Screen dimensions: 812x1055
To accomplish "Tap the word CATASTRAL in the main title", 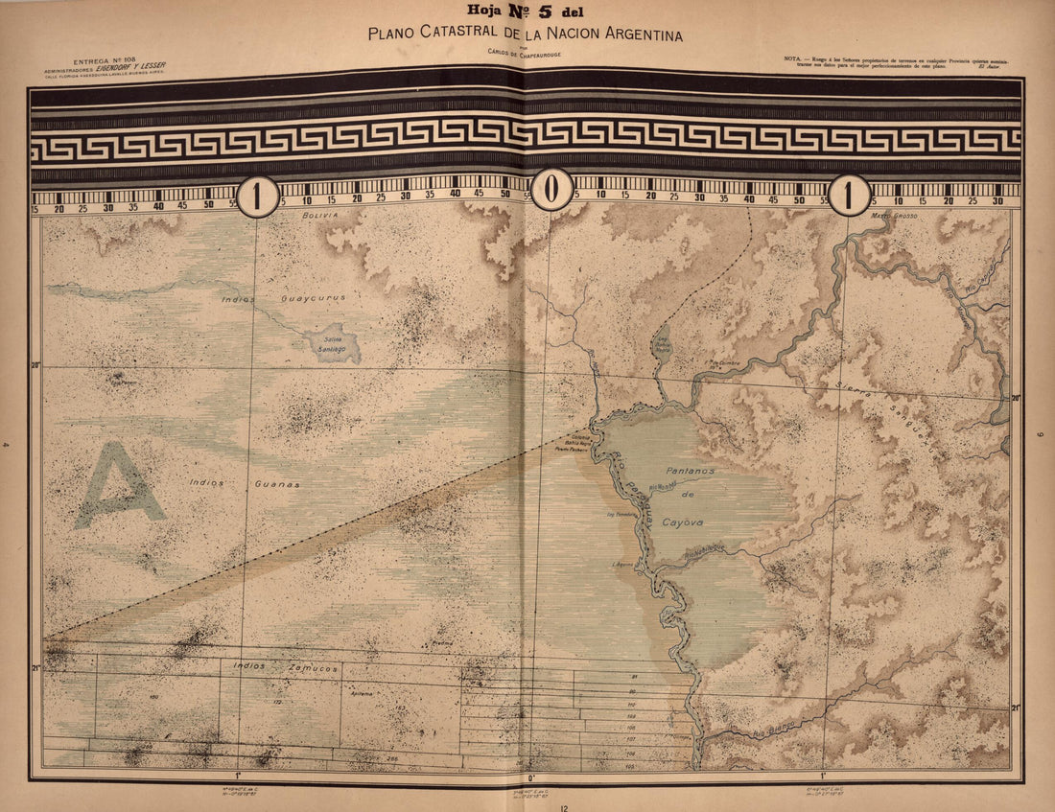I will click(463, 35).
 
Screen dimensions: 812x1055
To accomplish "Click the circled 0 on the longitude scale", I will click(551, 191).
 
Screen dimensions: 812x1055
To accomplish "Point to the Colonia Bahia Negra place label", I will click(568, 443).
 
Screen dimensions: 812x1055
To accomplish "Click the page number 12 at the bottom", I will click(565, 806).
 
